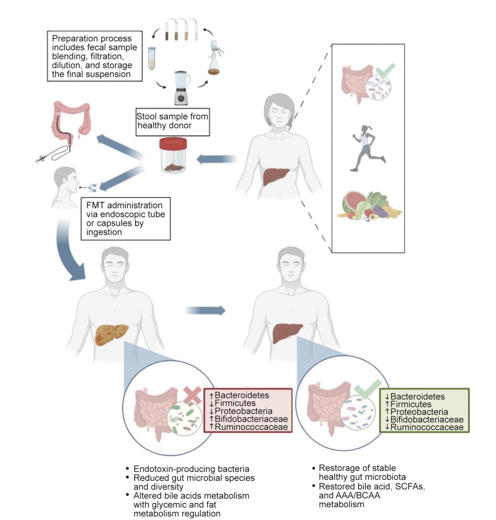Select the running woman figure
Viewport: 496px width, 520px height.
(x=367, y=148)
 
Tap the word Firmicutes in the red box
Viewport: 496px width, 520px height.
(x=235, y=403)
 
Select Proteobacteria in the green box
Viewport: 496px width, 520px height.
(x=419, y=412)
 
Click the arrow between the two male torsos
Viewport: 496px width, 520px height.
(x=205, y=310)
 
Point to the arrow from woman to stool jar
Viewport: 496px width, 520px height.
(x=216, y=159)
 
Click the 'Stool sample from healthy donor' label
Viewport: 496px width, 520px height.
(x=173, y=121)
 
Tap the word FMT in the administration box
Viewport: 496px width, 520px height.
(x=95, y=205)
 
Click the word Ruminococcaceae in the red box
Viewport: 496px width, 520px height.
(x=251, y=427)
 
